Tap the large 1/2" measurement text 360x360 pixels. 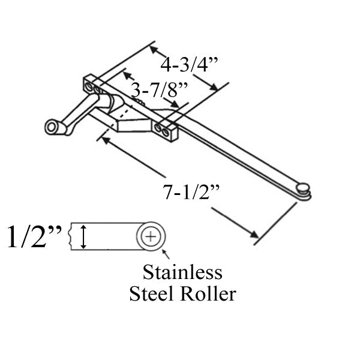(x=34, y=236)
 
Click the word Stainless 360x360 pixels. (x=182, y=273)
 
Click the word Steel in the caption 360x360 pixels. (x=152, y=294)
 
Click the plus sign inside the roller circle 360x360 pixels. (x=151, y=236)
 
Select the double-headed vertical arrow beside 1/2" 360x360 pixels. (x=83, y=236)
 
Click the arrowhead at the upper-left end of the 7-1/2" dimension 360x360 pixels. (x=106, y=140)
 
